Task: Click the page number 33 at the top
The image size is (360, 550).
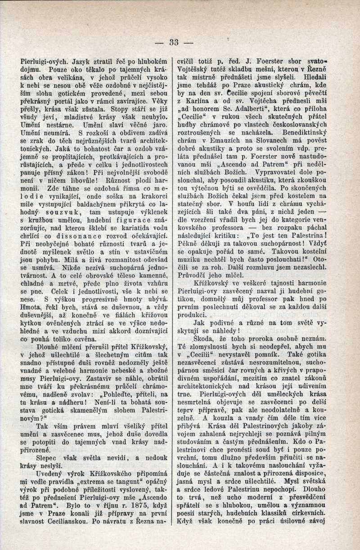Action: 174,43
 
